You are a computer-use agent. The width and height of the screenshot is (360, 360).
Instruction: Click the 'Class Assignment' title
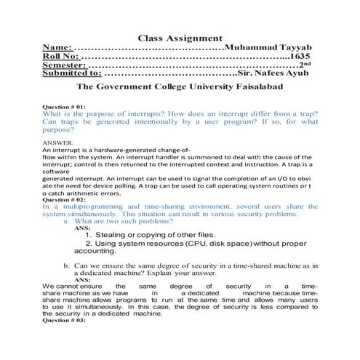tap(180, 38)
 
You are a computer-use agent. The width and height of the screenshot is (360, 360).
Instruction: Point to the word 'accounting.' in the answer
tap(95, 252)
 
